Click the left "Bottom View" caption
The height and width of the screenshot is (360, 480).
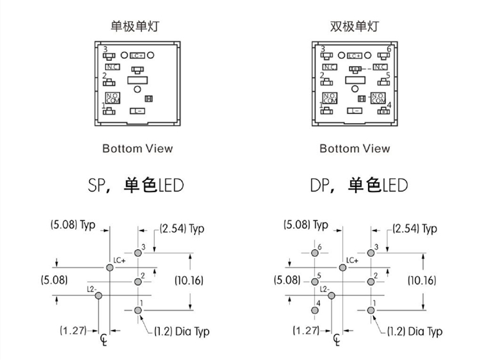pyautogui.click(x=138, y=149)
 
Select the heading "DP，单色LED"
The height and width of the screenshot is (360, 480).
pyautogui.click(x=359, y=186)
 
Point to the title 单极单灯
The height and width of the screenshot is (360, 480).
pyautogui.click(x=134, y=27)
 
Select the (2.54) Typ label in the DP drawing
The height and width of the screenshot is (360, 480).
pyautogui.click(x=415, y=229)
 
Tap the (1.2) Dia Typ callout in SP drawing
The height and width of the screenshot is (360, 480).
pyautogui.click(x=182, y=331)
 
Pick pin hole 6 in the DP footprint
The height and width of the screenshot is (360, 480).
pyautogui.click(x=314, y=253)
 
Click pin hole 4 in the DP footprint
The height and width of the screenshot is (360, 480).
pyautogui.click(x=314, y=311)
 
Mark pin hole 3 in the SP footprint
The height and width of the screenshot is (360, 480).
pyautogui.click(x=138, y=253)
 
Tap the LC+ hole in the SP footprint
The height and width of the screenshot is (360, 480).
pyautogui.click(x=110, y=267)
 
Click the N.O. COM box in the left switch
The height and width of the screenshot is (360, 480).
pyautogui.click(x=112, y=98)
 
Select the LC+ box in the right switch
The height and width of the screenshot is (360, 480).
pyautogui.click(x=355, y=56)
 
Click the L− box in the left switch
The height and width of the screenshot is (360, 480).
pyautogui.click(x=138, y=111)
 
